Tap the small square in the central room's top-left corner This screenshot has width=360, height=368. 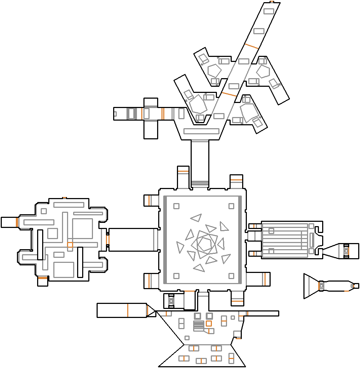coord(176,206)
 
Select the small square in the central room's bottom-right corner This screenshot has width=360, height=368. coord(231,276)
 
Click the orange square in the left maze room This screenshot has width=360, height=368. coord(70,245)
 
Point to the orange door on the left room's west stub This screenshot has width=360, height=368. coord(17,222)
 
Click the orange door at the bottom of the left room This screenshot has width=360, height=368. coord(43,278)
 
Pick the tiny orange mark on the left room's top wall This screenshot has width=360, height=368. coord(65,198)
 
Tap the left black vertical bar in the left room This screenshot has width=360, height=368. coord(40,244)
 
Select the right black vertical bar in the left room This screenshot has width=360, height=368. coord(80,262)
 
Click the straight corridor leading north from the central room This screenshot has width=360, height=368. coord(200,162)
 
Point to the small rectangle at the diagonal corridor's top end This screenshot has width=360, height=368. coord(269,11)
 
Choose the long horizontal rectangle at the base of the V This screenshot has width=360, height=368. coord(202,131)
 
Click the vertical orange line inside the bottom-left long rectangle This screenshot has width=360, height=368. coord(128,310)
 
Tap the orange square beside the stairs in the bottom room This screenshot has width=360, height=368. coord(209,323)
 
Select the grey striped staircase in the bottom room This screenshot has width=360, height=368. coord(199,326)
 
